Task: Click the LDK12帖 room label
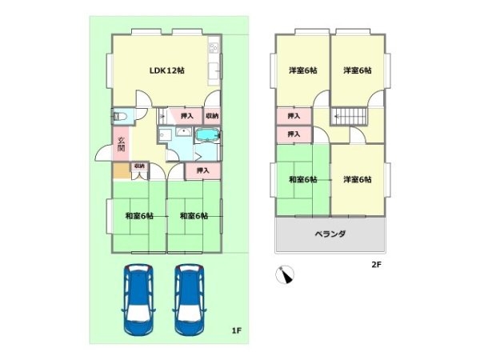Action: coord(167,70)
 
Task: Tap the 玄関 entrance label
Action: coord(122,144)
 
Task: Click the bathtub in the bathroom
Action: coord(207,135)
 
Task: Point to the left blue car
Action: coord(138,299)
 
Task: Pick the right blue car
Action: coord(190,299)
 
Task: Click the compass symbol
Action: coord(285,274)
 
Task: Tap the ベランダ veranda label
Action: coord(330,234)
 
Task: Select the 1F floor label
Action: coord(236,330)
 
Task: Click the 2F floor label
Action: coord(376,265)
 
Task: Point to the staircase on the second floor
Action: coord(350,116)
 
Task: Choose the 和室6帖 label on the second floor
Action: coord(302,179)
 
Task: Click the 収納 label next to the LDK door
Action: coord(212,116)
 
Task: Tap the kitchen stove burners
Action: coord(214,47)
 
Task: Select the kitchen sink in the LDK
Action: coord(214,70)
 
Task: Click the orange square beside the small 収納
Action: coord(122,170)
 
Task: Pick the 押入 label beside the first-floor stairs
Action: coord(186,116)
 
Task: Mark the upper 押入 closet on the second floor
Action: coord(294,116)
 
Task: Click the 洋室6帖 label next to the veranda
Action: coord(358,179)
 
